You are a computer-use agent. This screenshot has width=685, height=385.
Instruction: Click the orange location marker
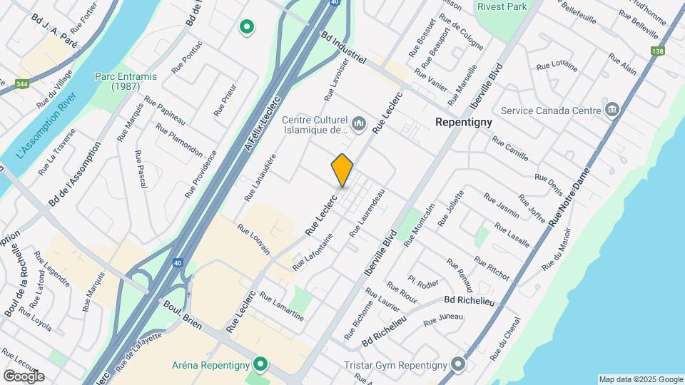(342, 170)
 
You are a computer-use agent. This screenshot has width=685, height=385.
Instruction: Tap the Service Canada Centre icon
(612, 111)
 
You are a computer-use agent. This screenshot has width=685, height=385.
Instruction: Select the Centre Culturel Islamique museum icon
(359, 125)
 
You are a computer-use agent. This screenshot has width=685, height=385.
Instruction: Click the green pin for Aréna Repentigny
(261, 364)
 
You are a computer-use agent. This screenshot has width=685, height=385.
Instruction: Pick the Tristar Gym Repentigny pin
(458, 365)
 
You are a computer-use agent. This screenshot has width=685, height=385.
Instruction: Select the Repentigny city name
(464, 123)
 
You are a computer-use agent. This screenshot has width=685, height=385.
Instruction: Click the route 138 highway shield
(657, 51)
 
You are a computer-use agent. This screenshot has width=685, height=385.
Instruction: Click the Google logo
(23, 376)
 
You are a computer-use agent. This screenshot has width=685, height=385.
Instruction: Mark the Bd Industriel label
(343, 48)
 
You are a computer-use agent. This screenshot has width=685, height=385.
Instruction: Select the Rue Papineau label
(165, 109)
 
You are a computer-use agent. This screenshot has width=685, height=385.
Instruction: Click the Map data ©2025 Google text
(641, 379)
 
